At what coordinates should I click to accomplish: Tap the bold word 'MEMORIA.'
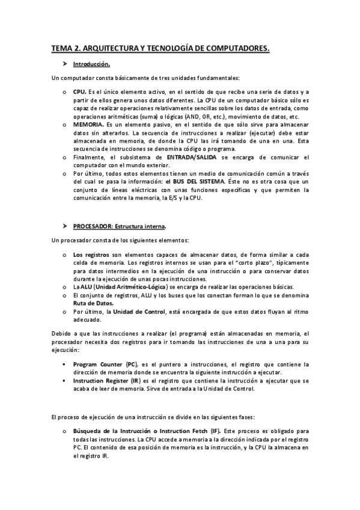89,124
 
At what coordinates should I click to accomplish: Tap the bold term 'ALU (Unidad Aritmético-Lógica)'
118,287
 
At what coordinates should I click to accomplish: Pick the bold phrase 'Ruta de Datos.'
93,304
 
